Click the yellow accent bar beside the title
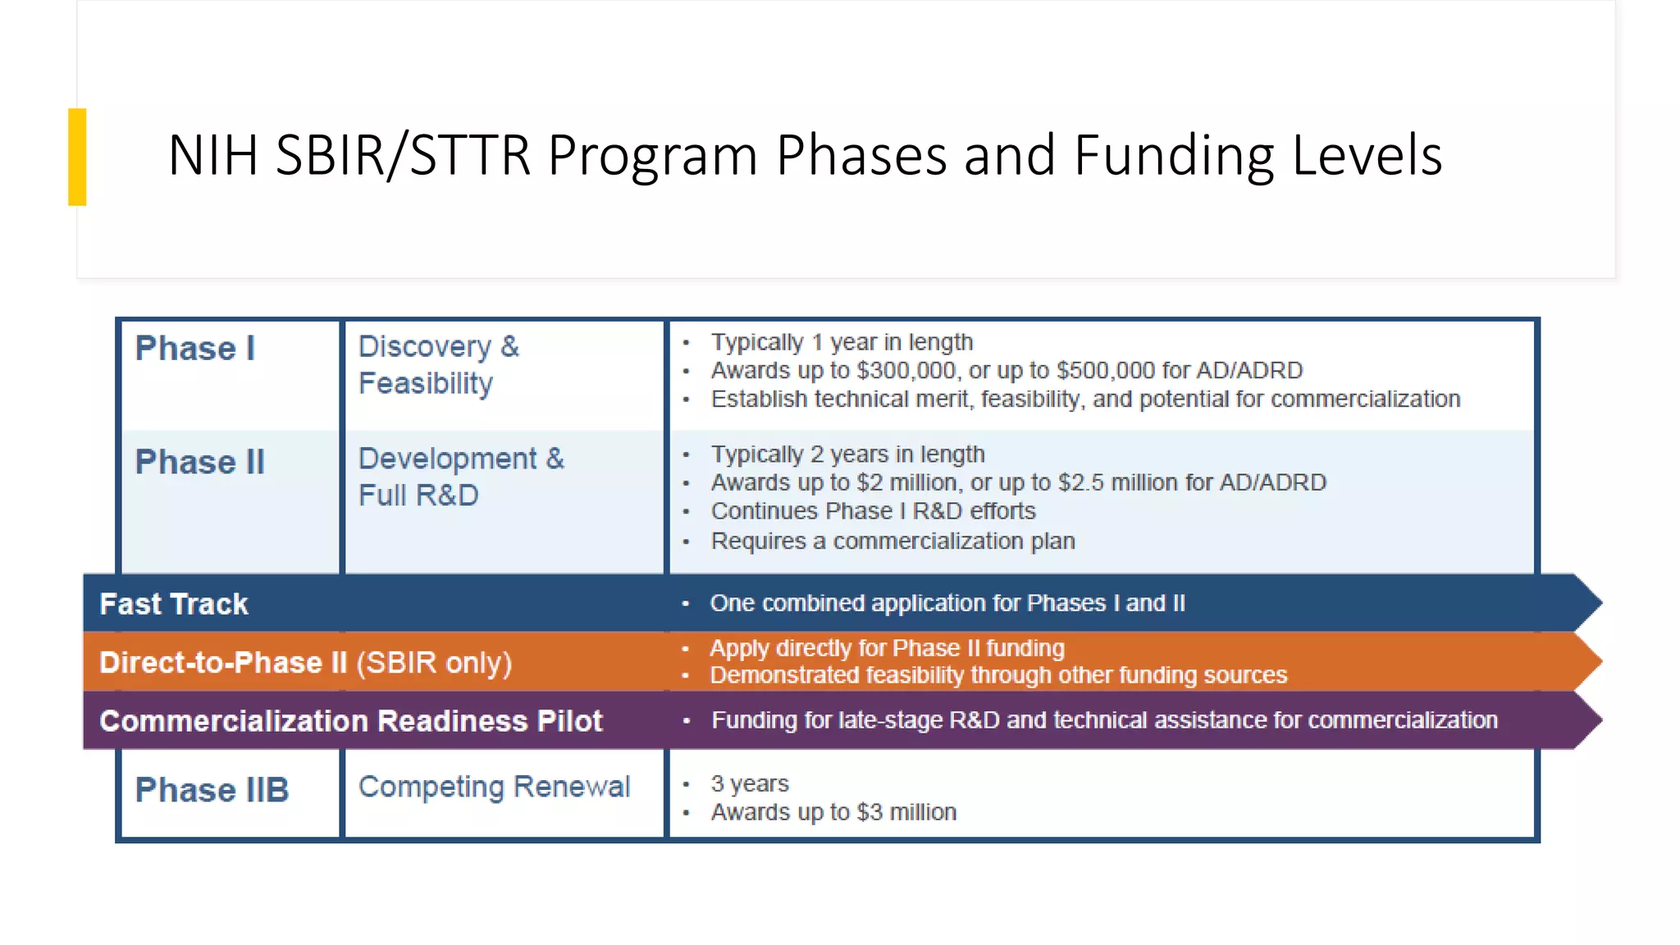[77, 156]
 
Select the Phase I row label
[195, 349]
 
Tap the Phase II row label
[200, 462]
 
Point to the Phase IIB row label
[212, 790]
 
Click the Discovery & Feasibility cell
[438, 364]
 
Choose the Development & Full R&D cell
[460, 477]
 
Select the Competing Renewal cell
[494, 787]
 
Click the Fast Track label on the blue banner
[173, 605]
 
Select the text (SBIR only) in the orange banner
[434, 663]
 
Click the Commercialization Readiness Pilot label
[350, 721]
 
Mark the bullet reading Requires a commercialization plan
[892, 541]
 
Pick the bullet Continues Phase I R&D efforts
[873, 511]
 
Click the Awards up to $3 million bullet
[833, 812]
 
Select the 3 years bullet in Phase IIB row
[750, 783]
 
